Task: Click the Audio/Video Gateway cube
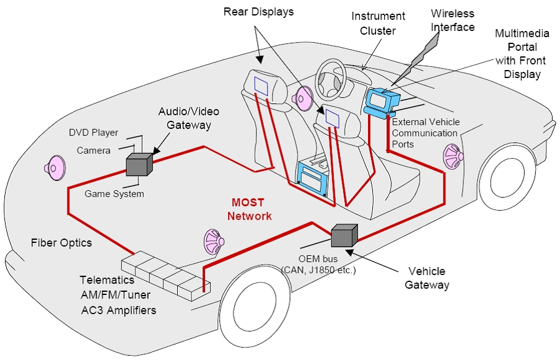[139, 164]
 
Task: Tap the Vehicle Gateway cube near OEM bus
[344, 235]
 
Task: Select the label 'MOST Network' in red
[249, 209]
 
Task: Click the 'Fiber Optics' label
[61, 242]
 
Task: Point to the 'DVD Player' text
[93, 133]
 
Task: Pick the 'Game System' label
[114, 194]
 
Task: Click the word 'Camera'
[94, 150]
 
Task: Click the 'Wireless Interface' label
[453, 20]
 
